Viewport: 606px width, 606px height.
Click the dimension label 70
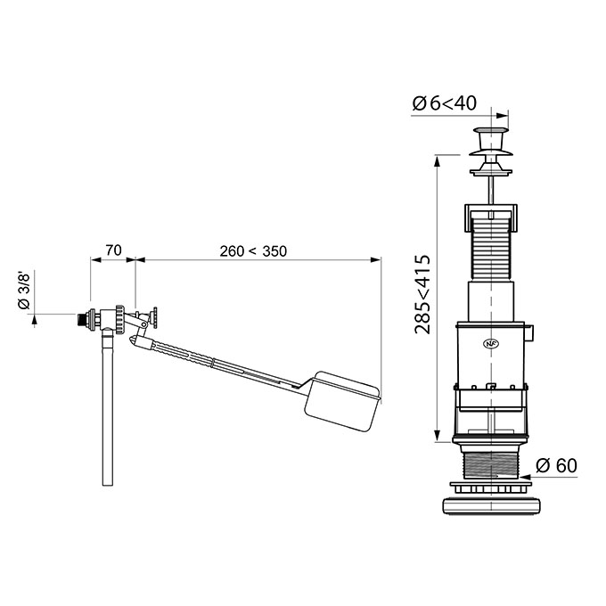[114, 250]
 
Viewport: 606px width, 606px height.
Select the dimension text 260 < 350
[253, 251]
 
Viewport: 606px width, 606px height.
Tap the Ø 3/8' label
[24, 291]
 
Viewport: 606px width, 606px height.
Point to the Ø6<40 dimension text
[444, 103]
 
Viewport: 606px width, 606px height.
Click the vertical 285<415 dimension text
[422, 294]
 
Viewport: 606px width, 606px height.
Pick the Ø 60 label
[556, 465]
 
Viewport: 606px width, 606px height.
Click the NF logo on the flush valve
[488, 343]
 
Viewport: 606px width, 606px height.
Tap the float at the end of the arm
[342, 401]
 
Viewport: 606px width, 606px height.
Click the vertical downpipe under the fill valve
[108, 408]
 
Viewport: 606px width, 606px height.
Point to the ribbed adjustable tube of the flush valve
[491, 247]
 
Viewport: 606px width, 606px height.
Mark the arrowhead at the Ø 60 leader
[526, 477]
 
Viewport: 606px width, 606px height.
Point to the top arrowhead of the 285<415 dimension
[437, 160]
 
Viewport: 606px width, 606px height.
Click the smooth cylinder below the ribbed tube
[491, 301]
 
